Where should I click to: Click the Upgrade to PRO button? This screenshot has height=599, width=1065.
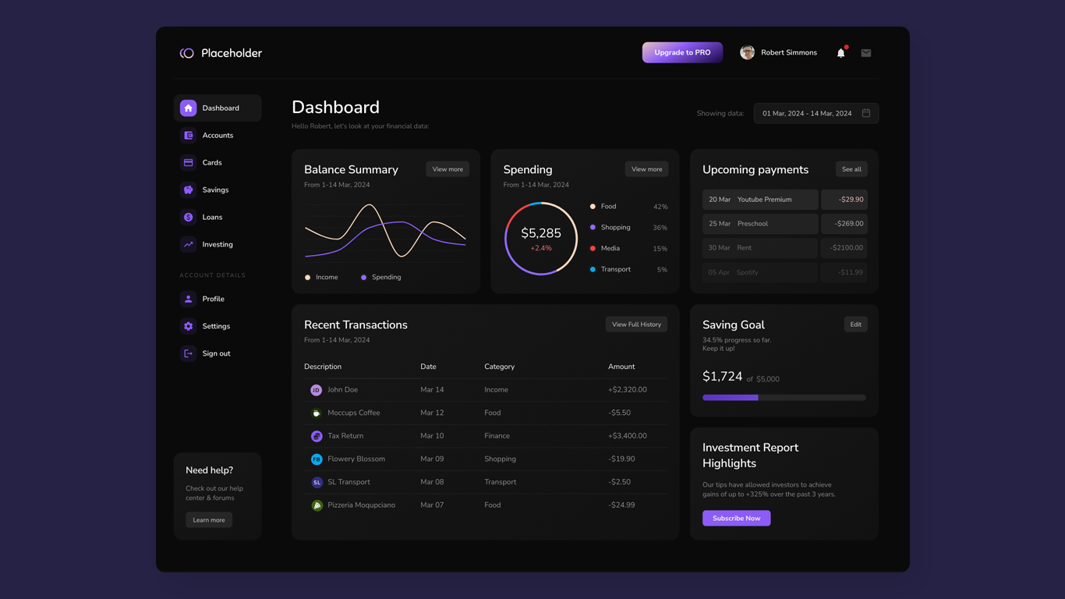682,52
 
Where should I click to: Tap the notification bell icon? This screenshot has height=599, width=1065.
840,53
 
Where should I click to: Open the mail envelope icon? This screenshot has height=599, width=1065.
865,53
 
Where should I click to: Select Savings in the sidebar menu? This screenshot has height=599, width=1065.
215,190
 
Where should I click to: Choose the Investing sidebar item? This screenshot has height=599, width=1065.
217,244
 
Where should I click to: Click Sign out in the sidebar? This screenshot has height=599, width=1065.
216,353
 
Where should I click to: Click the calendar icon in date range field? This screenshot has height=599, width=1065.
865,113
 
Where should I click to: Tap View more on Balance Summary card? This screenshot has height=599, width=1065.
448,169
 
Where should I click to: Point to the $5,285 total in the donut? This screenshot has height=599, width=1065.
540,233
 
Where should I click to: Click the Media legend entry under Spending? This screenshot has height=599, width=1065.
610,248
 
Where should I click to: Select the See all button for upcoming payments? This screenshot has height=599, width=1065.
851,169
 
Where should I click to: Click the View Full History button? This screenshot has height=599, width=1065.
636,324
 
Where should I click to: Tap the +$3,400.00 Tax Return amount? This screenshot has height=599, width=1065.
627,436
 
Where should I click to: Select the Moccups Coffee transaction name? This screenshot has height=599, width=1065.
353,413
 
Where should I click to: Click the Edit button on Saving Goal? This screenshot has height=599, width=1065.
855,324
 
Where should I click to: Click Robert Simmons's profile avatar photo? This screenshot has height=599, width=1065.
747,52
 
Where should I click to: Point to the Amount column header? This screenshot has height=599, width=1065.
621,367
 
